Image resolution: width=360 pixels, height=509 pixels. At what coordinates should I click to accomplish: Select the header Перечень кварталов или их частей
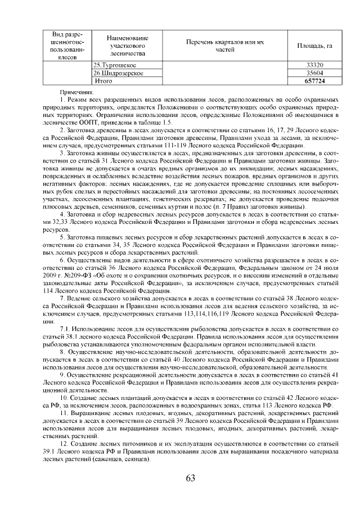tap(224, 46)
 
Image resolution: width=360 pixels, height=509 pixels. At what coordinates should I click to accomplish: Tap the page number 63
tap(190, 478)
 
